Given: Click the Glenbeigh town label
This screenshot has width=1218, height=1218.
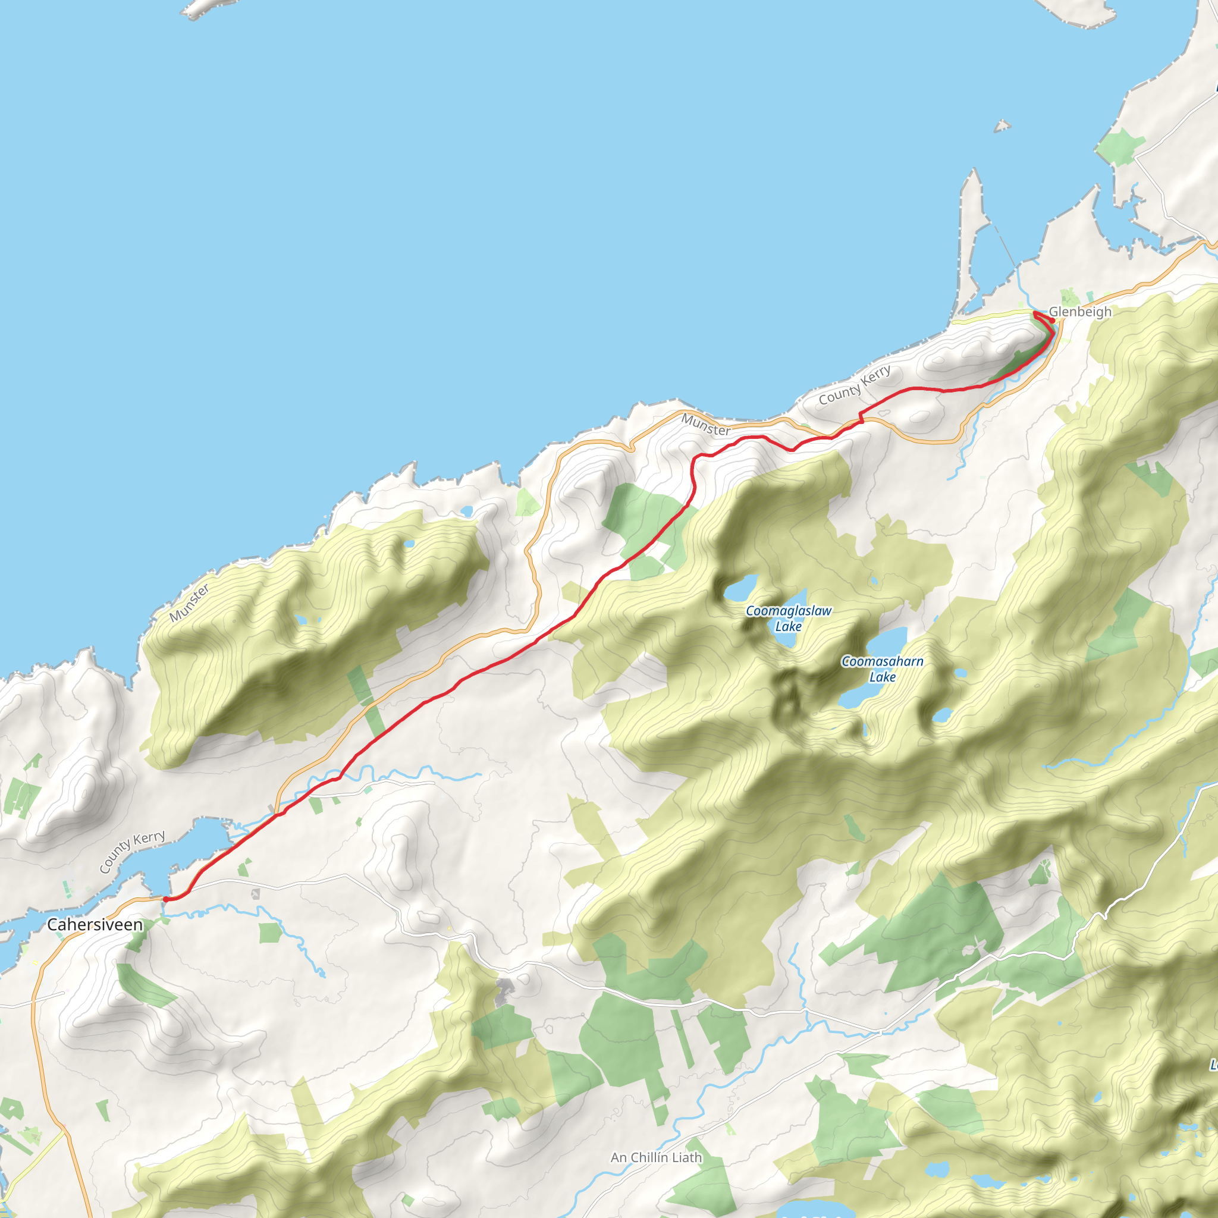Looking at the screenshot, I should coord(1080,312).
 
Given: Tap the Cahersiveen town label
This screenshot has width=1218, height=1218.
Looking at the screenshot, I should coord(95,924).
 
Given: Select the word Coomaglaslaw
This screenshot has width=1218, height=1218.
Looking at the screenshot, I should coord(789,611).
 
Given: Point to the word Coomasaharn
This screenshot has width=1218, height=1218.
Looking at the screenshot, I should coord(882,661).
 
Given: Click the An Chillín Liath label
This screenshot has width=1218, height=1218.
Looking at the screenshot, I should coord(655,1157).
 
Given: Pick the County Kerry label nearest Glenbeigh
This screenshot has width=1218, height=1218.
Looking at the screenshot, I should coord(854,385).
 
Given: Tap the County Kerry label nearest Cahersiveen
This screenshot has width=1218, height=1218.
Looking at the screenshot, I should coord(132,851).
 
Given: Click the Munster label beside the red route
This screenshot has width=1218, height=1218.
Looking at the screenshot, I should coord(705,425).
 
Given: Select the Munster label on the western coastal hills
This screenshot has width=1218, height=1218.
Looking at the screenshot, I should coord(189,602).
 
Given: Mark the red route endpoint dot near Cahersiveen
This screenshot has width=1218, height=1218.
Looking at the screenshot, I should coord(165,899).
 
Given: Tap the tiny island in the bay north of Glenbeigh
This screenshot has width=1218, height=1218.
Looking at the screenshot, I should coord(1002,127).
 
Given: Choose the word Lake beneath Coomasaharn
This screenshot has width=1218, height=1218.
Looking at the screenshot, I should coord(882,677).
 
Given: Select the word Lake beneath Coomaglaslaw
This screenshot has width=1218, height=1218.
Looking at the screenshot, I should coord(788,627).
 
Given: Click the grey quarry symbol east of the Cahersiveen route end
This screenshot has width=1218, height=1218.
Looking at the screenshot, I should coord(255,894).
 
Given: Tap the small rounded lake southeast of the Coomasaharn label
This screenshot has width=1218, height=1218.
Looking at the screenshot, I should coord(942,715).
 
